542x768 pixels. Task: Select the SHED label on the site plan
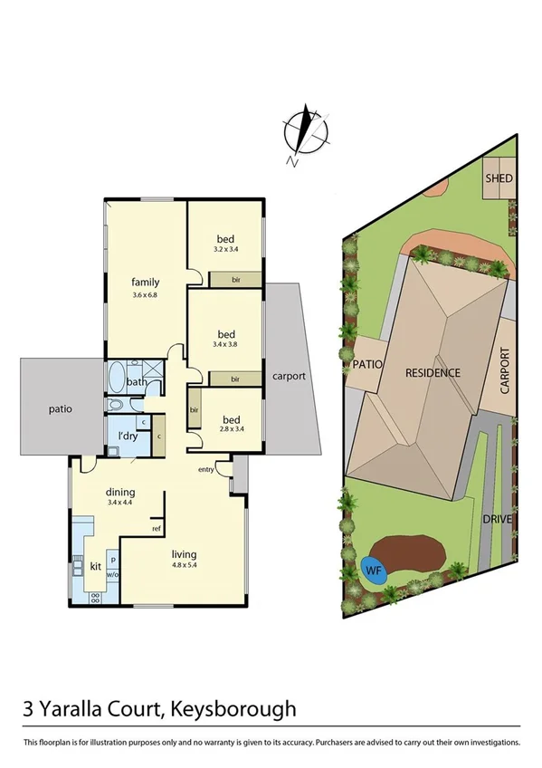(499, 178)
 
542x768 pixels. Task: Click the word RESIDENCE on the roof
(433, 372)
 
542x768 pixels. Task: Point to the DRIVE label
(498, 519)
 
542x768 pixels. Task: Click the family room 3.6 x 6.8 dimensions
(145, 295)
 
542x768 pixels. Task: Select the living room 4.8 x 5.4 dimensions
(184, 568)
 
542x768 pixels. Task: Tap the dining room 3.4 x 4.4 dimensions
(119, 502)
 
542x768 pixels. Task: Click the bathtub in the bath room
(117, 376)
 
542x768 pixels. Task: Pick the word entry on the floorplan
(207, 468)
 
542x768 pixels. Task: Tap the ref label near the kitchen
(157, 528)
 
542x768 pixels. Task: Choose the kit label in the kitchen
(95, 566)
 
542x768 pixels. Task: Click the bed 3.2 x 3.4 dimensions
(224, 249)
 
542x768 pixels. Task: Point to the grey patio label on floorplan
(61, 408)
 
